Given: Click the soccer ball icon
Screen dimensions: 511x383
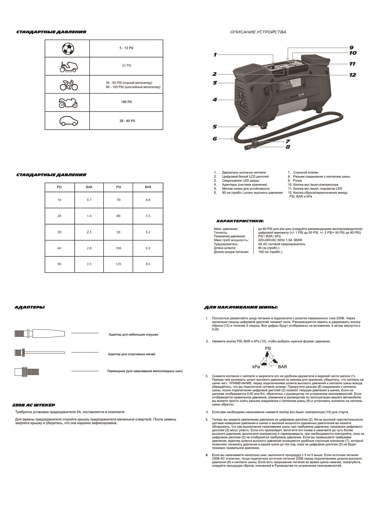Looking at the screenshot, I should (67, 49).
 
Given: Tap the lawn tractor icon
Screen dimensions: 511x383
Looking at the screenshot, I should (67, 66).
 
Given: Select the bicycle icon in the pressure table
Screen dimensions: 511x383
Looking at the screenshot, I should (69, 85).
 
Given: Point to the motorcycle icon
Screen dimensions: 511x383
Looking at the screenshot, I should (68, 103).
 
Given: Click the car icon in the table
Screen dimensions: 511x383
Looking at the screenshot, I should (68, 121).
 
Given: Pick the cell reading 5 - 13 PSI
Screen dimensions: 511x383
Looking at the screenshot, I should (126, 48).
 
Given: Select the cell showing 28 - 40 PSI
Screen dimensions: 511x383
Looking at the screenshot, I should (126, 121).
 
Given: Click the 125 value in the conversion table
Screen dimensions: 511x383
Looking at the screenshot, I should (118, 264).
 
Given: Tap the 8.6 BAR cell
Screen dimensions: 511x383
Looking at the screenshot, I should (148, 264).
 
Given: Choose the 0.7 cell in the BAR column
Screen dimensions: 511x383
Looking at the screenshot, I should (89, 200).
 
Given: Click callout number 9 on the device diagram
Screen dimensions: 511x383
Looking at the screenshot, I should (351, 47).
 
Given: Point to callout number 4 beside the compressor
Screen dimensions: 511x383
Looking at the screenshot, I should (215, 100).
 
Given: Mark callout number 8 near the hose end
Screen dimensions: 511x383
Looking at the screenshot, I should (288, 147).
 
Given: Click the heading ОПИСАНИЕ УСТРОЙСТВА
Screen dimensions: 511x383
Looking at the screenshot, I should (258, 32).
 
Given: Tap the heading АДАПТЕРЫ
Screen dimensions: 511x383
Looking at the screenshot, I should (30, 307).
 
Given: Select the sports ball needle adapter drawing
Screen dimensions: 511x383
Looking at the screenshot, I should (40, 353).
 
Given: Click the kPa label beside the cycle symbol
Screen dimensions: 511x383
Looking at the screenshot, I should (256, 367).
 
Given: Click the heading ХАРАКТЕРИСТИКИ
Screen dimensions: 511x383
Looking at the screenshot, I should (240, 221).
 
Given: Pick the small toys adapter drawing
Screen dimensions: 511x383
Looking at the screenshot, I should (40, 333).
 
